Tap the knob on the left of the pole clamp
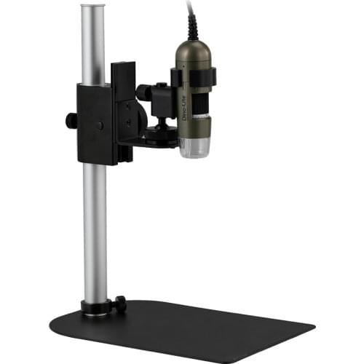point(70,119)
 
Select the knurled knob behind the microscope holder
point(144,92)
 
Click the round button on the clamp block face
point(99,125)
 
